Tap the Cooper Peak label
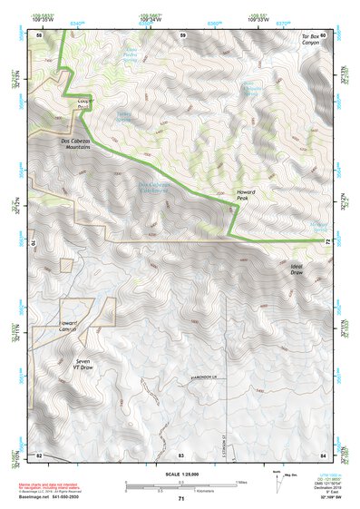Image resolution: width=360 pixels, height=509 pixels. pyautogui.click(x=83, y=103)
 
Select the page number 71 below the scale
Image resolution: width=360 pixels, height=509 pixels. pyautogui.click(x=180, y=499)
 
